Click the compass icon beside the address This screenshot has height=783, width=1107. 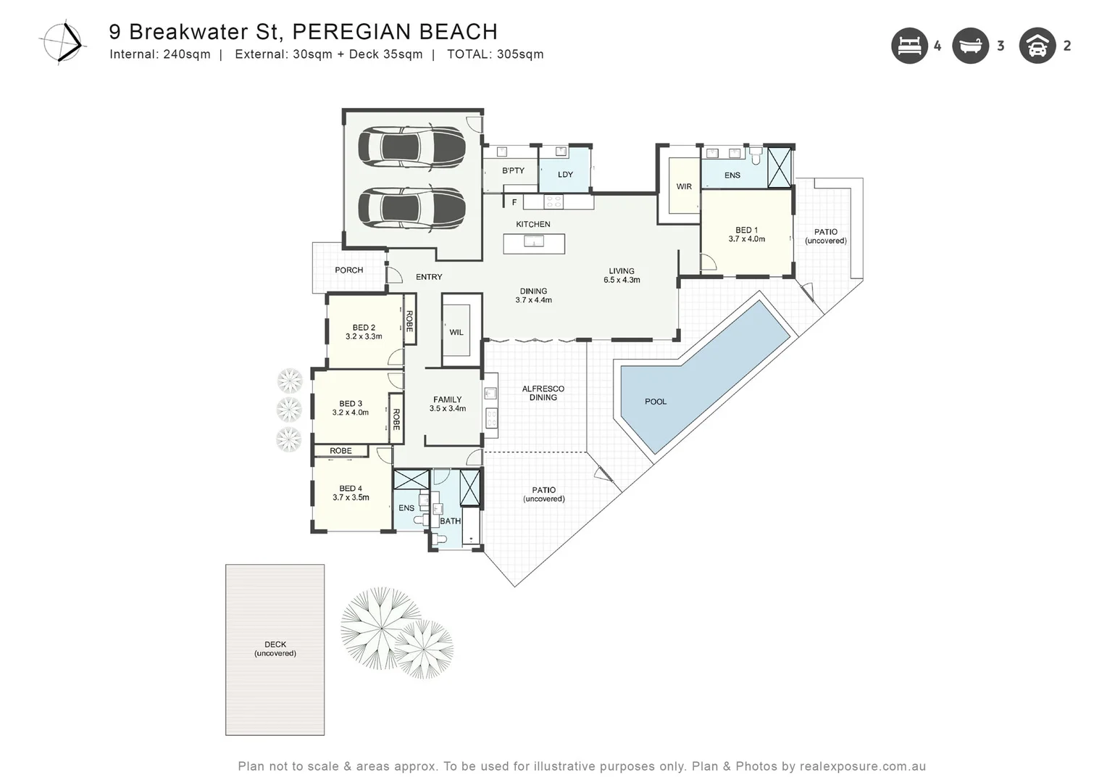[62, 43]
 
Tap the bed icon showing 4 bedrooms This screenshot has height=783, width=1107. [909, 46]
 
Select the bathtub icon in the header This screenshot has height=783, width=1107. [970, 46]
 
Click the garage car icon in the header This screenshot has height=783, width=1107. [1037, 46]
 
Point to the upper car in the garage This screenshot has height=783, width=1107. [411, 148]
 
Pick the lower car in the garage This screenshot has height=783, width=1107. [411, 209]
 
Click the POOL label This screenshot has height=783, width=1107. [656, 402]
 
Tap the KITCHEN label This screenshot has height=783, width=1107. [533, 225]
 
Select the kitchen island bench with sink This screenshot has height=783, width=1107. [534, 244]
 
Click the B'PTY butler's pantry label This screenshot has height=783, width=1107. [513, 171]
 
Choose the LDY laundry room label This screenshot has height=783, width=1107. [565, 175]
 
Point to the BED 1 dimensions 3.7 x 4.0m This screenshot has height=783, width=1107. [746, 239]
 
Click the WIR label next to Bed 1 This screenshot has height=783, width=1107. [684, 187]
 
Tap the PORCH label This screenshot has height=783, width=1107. [348, 270]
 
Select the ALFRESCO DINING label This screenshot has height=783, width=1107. [543, 393]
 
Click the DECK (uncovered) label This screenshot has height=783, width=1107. [275, 649]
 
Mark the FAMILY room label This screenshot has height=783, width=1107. [447, 399]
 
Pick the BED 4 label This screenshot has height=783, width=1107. [351, 489]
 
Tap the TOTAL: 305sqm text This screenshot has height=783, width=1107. [495, 54]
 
